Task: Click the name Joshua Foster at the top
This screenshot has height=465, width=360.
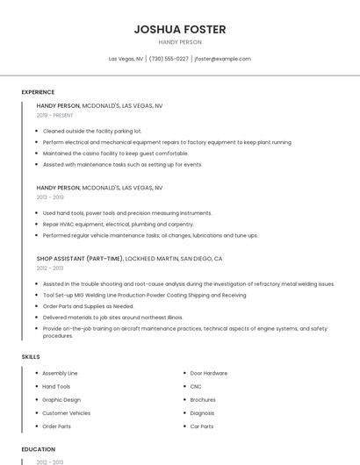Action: tap(179, 29)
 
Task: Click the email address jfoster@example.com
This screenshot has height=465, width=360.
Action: tap(222, 59)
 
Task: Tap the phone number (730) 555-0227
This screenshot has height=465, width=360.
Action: tap(169, 59)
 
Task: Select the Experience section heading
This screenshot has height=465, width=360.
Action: tap(38, 92)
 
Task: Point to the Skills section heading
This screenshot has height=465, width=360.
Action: tap(31, 357)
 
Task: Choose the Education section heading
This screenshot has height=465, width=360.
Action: tap(38, 449)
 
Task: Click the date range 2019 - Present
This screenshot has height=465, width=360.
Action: tap(55, 115)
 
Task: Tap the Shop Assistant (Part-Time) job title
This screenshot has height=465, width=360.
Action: tap(80, 259)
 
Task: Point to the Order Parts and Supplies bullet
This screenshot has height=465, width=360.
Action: tap(88, 306)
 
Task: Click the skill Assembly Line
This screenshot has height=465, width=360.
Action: tap(60, 373)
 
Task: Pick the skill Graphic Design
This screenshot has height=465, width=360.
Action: tap(61, 399)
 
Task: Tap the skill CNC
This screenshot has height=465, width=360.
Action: tap(196, 386)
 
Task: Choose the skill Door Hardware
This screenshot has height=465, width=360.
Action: tap(208, 373)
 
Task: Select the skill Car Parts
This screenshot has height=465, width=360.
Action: tap(202, 426)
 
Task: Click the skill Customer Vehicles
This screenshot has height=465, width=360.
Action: tap(66, 412)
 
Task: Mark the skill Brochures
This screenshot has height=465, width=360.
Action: tap(204, 399)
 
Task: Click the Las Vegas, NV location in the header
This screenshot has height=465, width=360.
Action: tap(126, 59)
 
